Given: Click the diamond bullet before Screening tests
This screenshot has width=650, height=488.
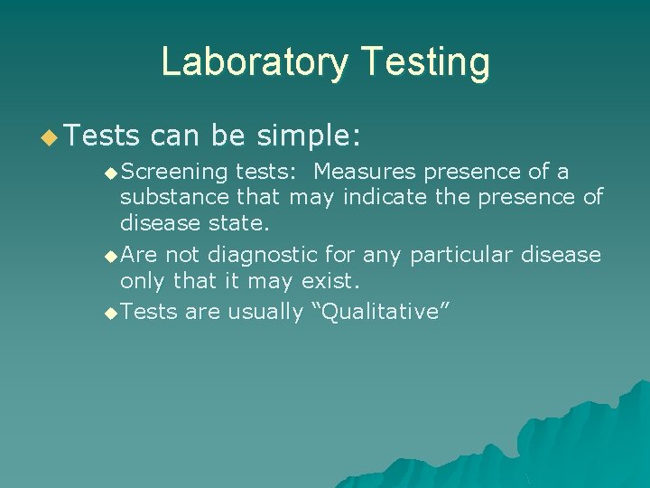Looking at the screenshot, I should (x=110, y=172).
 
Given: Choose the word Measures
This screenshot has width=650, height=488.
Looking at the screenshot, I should (x=367, y=172).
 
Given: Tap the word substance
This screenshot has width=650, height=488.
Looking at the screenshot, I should (x=175, y=197).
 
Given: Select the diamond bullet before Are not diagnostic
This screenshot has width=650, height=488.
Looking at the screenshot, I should (x=110, y=256).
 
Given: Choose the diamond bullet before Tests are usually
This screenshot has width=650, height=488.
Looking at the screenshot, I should (x=110, y=313).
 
